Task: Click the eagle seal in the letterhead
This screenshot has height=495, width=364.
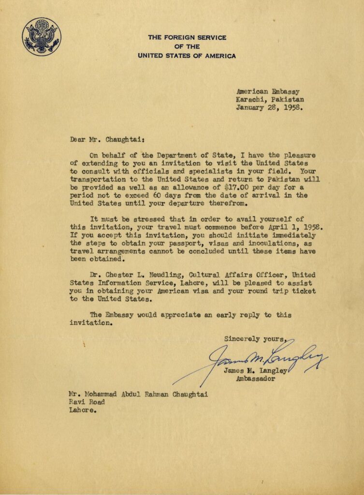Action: pyautogui.click(x=42, y=36)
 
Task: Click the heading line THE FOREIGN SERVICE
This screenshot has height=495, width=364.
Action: pyautogui.click(x=187, y=37)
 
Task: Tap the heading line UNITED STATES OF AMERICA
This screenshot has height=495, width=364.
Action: pyautogui.click(x=187, y=56)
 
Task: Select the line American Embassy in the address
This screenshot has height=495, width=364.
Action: pyautogui.click(x=268, y=90)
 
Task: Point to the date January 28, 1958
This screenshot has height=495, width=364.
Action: pyautogui.click(x=269, y=108)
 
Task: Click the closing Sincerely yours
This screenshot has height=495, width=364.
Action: pyautogui.click(x=256, y=339)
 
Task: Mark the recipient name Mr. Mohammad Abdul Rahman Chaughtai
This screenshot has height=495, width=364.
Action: pyautogui.click(x=138, y=394)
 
